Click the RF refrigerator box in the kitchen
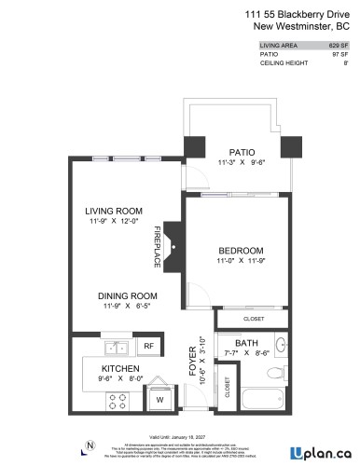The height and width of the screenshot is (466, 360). coord(148,346)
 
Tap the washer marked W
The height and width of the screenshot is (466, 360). coord(159,401)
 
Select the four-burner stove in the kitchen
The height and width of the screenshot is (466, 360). coord(118,402)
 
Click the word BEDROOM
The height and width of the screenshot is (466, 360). coord(241,251)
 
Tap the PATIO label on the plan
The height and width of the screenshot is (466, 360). coord(242,151)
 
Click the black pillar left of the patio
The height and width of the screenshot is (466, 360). coord(195,146)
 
